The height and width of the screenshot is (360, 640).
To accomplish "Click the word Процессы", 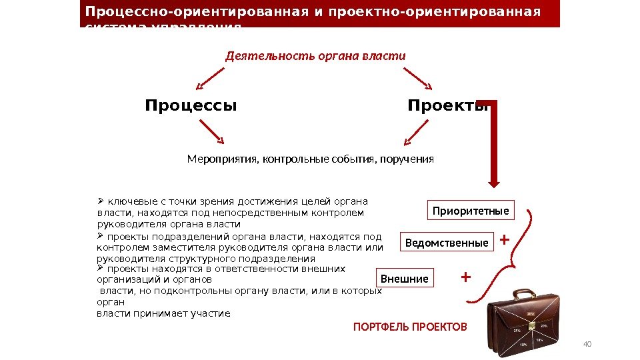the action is (x=191, y=106).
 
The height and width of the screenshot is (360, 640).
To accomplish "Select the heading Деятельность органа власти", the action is (x=315, y=56).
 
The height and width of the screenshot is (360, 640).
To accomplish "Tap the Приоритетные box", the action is (x=470, y=211).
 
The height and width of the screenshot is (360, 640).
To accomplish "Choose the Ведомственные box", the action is (x=447, y=243).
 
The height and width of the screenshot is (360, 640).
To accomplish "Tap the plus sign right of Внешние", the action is (x=465, y=275).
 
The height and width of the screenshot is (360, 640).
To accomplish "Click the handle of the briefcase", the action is (x=523, y=294).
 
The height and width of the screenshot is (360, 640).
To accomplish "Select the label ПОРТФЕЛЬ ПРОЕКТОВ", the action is (x=410, y=327).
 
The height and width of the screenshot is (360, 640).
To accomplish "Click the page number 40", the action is (x=587, y=344).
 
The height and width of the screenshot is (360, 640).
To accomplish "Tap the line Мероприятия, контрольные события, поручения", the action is (x=310, y=159).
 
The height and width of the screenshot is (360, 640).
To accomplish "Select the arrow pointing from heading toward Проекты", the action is (x=417, y=78).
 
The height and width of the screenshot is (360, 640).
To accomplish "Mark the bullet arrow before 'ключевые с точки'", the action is (x=101, y=199).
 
